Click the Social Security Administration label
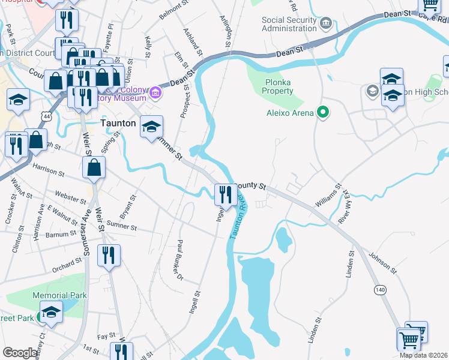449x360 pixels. [289, 24]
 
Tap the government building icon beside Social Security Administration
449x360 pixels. [326, 24]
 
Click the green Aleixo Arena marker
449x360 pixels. [323, 112]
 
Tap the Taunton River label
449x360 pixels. [237, 215]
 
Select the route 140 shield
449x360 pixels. [379, 289]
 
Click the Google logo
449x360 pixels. [20, 353]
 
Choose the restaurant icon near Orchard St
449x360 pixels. [109, 254]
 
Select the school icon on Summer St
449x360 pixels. [152, 127]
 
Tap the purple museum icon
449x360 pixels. [155, 92]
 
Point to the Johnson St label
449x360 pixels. [383, 262]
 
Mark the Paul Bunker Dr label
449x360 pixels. [178, 260]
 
